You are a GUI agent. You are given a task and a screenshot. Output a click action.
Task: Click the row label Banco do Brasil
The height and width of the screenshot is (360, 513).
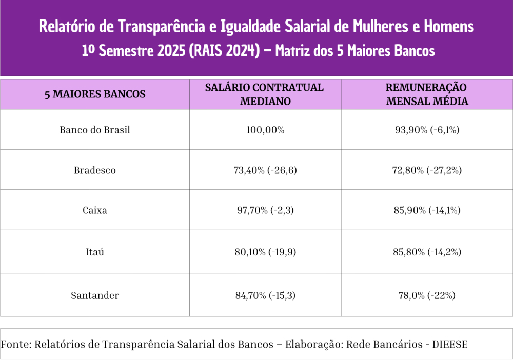[95, 130]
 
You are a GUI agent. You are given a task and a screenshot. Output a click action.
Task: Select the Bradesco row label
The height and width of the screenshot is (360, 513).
[95, 170]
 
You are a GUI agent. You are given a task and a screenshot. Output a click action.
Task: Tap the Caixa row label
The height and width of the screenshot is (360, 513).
[95, 210]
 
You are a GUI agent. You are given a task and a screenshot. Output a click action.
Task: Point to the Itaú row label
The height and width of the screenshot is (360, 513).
[95, 252]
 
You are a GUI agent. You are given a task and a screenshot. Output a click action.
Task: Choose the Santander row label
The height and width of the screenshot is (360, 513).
[95, 295]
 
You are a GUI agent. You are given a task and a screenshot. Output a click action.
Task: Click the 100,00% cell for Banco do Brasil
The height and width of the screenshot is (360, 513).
[265, 130]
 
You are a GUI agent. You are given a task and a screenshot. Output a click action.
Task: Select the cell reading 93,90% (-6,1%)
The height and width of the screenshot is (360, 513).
[427, 130]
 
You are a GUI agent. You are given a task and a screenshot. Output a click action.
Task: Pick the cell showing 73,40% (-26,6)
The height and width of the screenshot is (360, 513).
[265, 170]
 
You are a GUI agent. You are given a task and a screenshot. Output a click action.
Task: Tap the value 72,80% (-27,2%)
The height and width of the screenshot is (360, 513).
[427, 170]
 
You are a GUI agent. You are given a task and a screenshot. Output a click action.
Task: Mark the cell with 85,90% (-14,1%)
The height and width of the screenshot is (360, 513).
[427, 210]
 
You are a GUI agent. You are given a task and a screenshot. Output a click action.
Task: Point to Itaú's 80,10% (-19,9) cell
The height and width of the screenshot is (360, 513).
[265, 252]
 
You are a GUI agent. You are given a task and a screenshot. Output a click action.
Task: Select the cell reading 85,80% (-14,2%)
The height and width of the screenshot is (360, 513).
[427, 252]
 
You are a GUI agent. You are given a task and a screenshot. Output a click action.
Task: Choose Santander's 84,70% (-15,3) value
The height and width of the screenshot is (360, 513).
[265, 295]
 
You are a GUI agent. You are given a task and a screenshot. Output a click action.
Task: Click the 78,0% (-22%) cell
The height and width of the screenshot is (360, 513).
[427, 295]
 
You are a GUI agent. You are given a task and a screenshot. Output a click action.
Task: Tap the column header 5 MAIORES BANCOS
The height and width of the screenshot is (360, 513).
[95, 94]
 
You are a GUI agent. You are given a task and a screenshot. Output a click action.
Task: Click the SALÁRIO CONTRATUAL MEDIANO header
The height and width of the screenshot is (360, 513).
[265, 94]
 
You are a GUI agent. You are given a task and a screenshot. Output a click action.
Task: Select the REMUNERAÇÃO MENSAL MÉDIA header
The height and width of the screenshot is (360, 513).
[427, 94]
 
